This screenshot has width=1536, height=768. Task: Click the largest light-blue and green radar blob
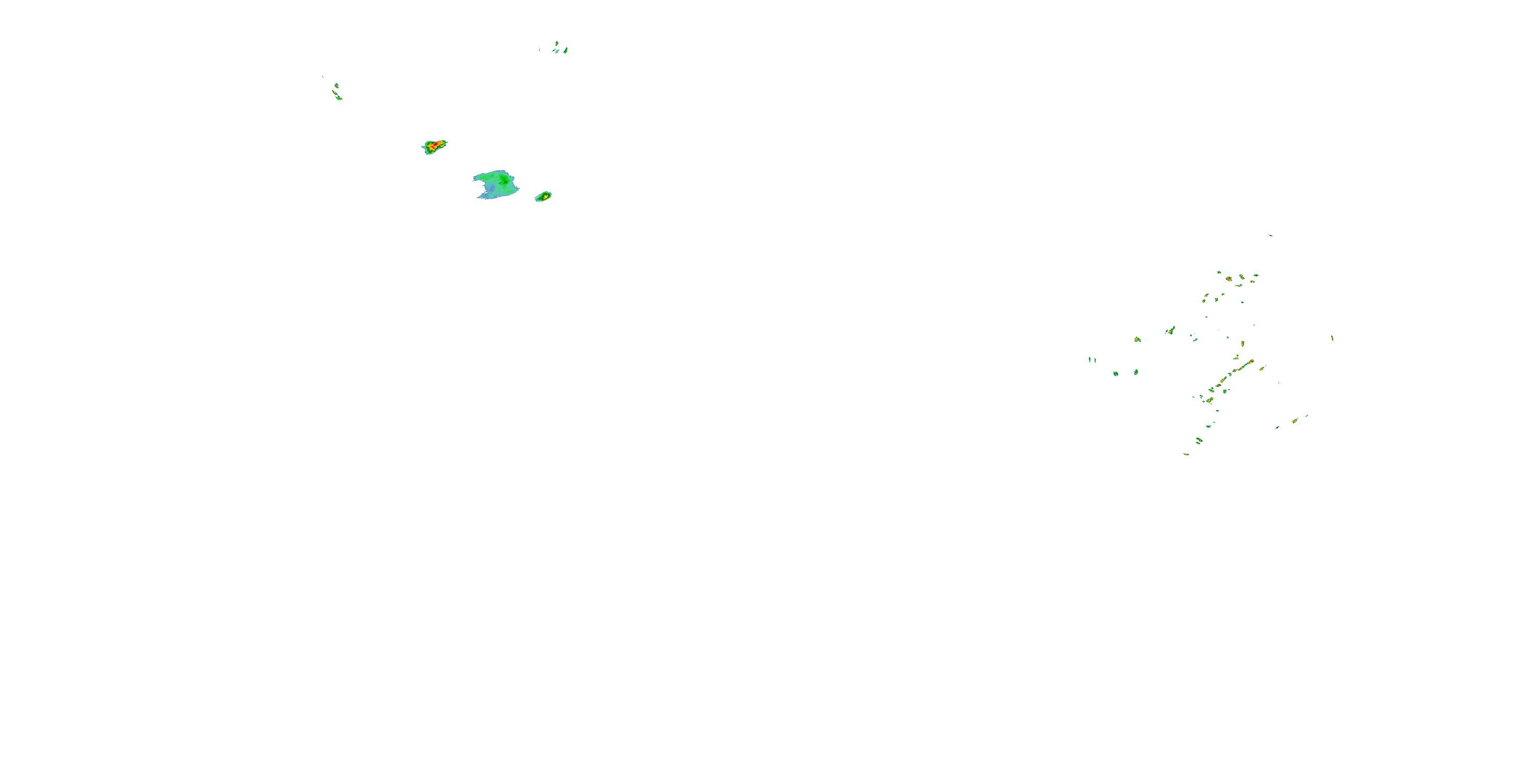click(496, 184)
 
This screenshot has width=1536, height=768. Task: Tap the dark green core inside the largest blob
click(504, 179)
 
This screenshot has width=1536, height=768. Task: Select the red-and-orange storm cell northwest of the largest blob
click(435, 145)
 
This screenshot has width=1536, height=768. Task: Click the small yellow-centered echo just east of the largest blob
click(543, 196)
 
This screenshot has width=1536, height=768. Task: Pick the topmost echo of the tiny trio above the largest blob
click(557, 43)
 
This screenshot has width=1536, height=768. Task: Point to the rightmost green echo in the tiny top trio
click(565, 51)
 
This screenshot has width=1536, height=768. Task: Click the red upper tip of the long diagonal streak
click(1251, 361)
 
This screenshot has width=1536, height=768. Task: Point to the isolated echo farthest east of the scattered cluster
click(1332, 337)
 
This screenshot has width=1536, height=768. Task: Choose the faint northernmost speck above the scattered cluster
click(1269, 235)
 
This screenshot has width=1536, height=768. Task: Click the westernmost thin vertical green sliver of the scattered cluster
click(1090, 359)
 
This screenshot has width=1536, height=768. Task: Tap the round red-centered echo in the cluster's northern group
click(1229, 279)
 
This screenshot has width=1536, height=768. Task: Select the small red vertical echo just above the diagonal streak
click(1243, 344)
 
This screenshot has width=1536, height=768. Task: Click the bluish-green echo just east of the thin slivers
click(1116, 374)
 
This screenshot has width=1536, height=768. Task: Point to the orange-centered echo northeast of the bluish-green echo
click(1137, 340)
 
